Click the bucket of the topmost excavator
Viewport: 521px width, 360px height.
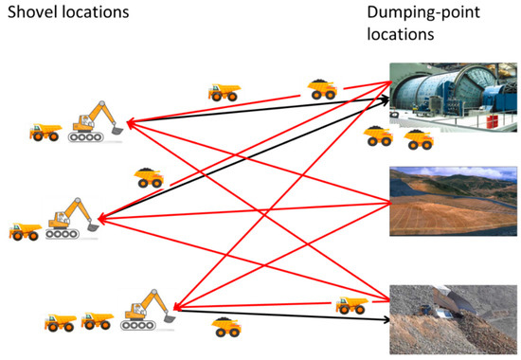[117, 122]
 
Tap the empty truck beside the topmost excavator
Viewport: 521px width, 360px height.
[45, 130]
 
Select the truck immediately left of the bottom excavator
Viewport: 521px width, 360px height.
[97, 319]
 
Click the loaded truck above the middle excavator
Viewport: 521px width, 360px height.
[149, 177]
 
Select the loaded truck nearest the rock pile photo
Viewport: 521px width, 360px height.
[352, 304]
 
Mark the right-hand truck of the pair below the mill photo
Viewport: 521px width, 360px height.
[418, 139]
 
